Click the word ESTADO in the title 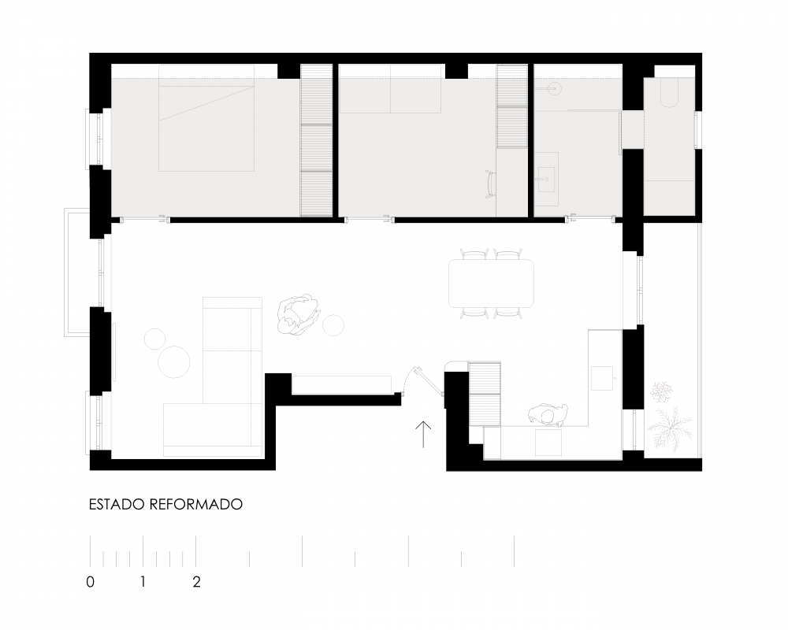click(117, 504)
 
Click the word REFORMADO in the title click(196, 504)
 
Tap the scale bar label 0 click(91, 582)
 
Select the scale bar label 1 click(143, 582)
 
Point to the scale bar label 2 click(196, 582)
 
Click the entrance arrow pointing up click(423, 434)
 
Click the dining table click(491, 283)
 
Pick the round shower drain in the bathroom click(554, 88)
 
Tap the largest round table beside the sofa click(174, 361)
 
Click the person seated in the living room click(299, 315)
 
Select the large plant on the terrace click(669, 427)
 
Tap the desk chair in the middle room click(490, 184)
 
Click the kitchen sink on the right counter click(601, 378)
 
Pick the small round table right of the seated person click(333, 325)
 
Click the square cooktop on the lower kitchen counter click(548, 443)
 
